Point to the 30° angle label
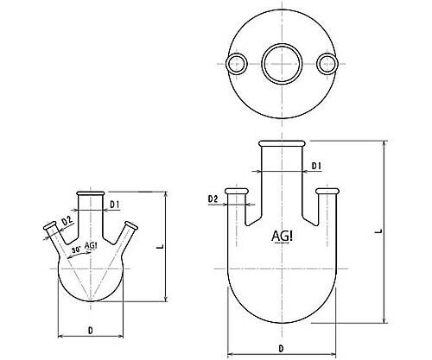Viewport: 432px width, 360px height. point(77,249)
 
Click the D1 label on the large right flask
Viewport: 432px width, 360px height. point(316,165)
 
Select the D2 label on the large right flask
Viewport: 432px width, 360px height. point(213,199)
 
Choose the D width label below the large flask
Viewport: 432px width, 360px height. point(281,348)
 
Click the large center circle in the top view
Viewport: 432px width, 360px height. point(281,63)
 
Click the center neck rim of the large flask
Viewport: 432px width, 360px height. point(281,143)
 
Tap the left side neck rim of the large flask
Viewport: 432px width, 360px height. point(236,191)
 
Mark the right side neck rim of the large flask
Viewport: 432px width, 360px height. point(327,191)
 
